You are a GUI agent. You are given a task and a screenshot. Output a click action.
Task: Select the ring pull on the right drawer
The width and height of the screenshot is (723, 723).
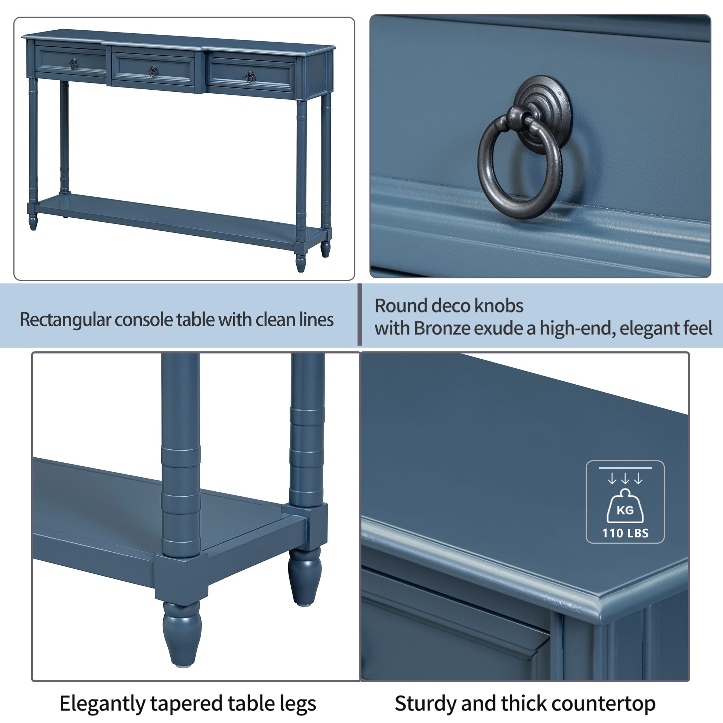tap(251, 77)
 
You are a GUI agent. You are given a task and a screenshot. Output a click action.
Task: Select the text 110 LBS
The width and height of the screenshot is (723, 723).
tap(625, 533)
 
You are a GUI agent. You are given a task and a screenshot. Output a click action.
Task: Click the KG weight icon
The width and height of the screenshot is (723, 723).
tap(625, 509)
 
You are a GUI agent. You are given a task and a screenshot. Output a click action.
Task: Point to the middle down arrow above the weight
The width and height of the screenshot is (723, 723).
tap(625, 479)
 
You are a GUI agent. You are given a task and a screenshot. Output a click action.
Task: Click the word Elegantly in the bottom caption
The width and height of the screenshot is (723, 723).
tap(102, 704)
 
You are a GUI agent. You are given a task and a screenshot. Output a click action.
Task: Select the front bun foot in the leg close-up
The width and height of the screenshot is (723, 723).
tap(182, 632)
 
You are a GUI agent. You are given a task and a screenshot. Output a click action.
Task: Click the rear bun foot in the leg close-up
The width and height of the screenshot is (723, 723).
tap(305, 576)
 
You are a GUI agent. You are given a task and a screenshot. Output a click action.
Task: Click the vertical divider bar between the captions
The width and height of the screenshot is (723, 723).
tap(360, 315)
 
